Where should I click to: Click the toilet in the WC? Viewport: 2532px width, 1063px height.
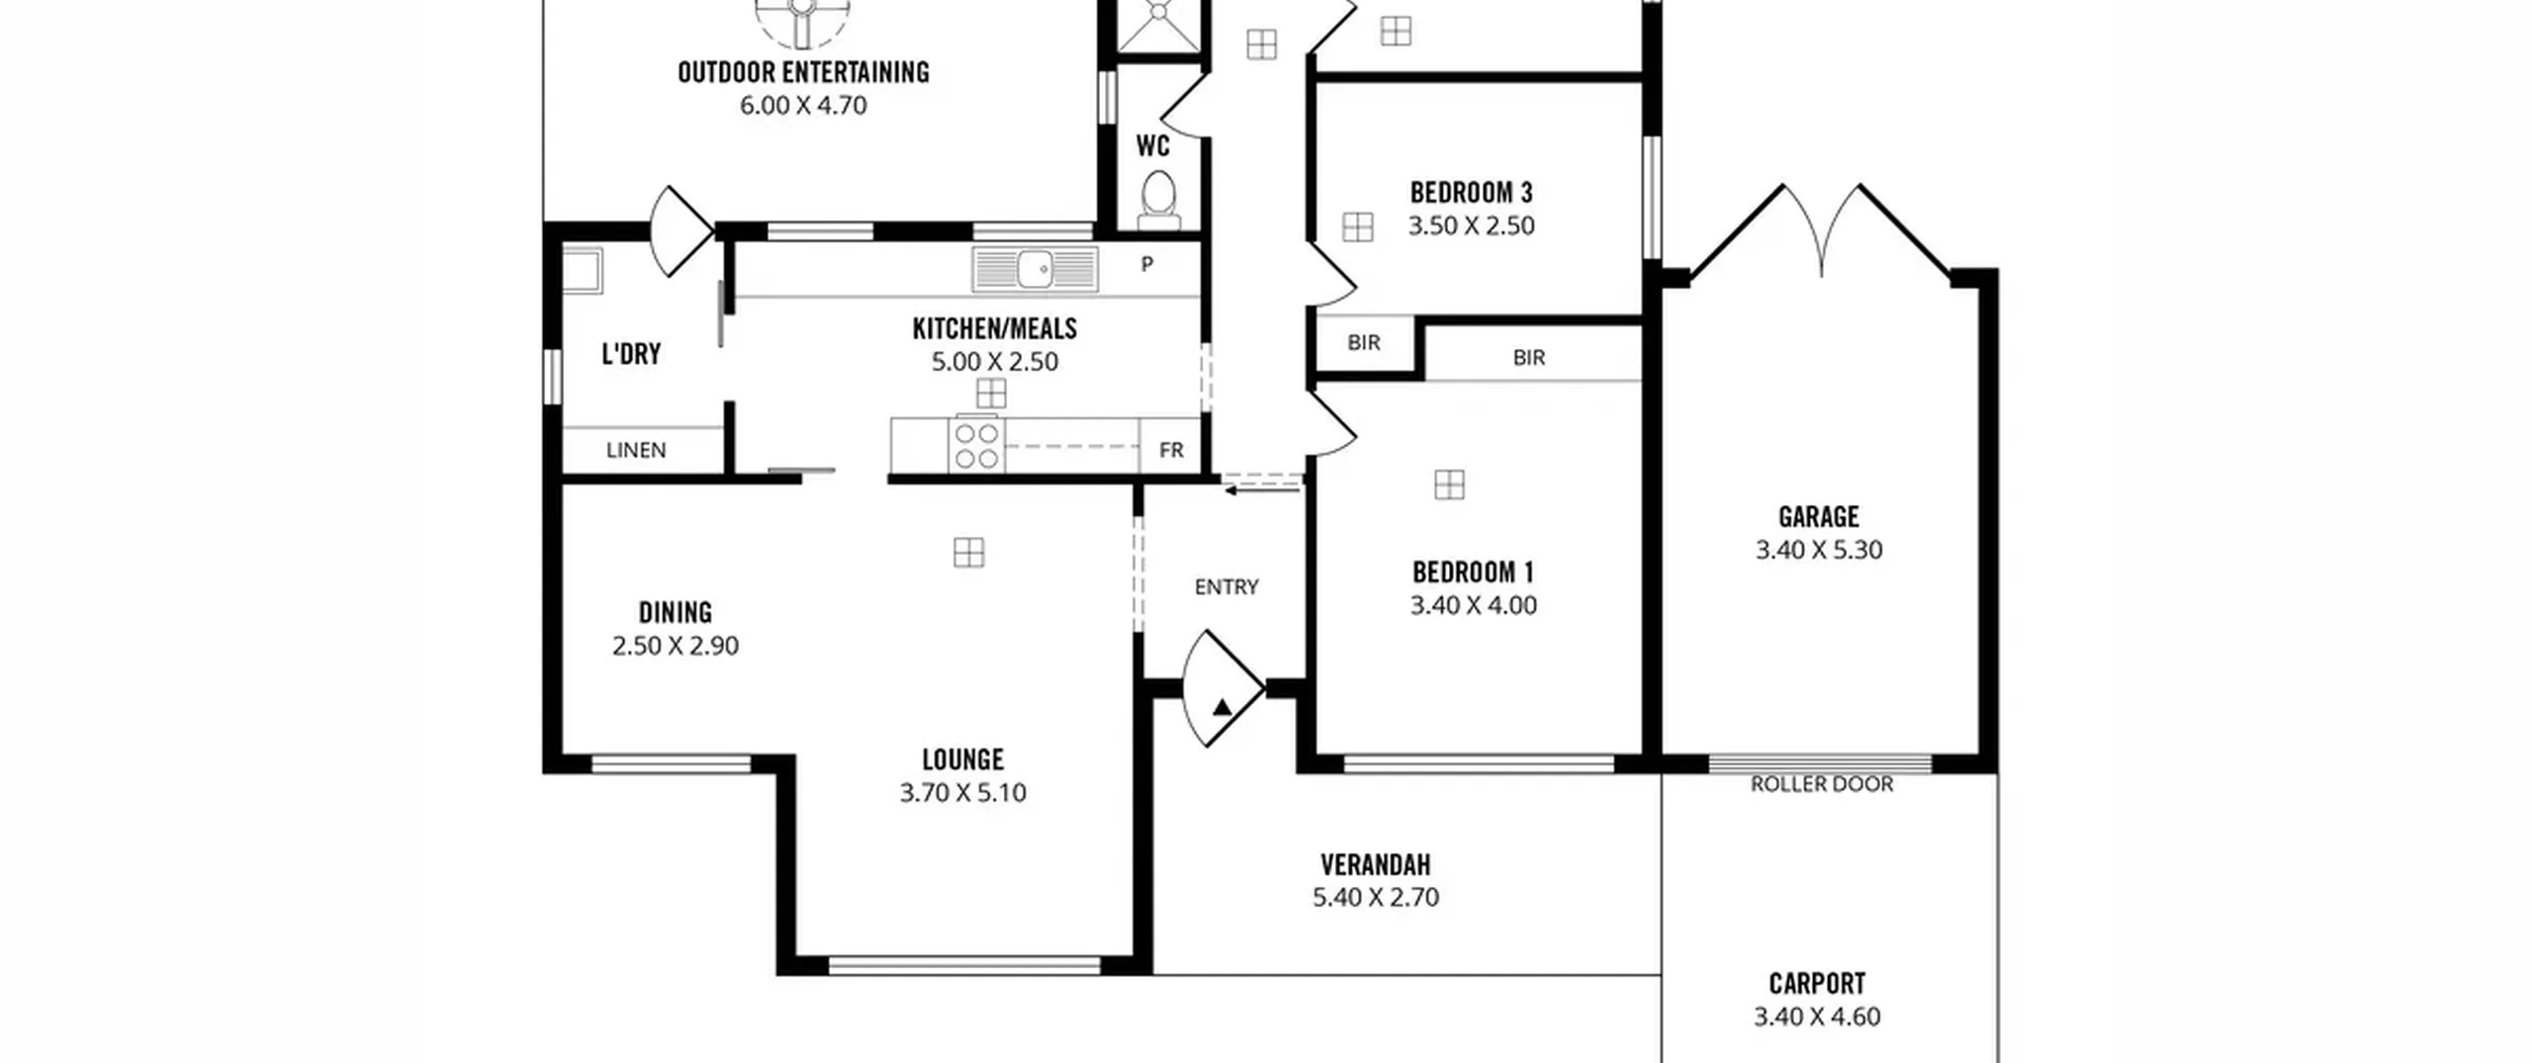pos(1158,202)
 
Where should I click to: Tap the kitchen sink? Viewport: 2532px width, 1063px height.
pos(1035,268)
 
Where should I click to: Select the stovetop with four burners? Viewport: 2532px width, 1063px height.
pos(976,445)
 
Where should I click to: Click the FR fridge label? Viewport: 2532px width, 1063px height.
pos(1171,451)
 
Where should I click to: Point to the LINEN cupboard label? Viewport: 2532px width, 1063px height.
pos(636,451)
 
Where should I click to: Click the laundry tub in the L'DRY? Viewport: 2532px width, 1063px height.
pos(583,270)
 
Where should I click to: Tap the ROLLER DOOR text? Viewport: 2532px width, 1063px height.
pos(1822,784)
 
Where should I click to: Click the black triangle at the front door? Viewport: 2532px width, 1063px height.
pos(1222,707)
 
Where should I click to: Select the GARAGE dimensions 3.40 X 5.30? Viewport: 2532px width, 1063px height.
pos(1819,550)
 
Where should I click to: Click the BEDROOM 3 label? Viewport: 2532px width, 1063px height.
pos(1471,192)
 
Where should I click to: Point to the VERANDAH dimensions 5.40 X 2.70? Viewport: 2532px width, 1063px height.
pos(1376,898)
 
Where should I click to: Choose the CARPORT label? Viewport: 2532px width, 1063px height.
pos(1817,984)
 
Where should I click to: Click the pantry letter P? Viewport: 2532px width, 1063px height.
pos(1147,264)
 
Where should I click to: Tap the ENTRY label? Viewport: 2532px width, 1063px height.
pos(1226,587)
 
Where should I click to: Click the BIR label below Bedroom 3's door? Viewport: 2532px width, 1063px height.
pos(1364,343)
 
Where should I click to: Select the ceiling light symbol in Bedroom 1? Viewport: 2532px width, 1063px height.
pos(1449,485)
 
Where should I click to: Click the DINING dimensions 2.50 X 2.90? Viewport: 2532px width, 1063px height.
pos(676,646)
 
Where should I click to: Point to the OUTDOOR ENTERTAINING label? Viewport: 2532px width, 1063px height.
pos(803,72)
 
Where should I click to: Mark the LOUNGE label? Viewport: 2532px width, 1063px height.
pos(962,759)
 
